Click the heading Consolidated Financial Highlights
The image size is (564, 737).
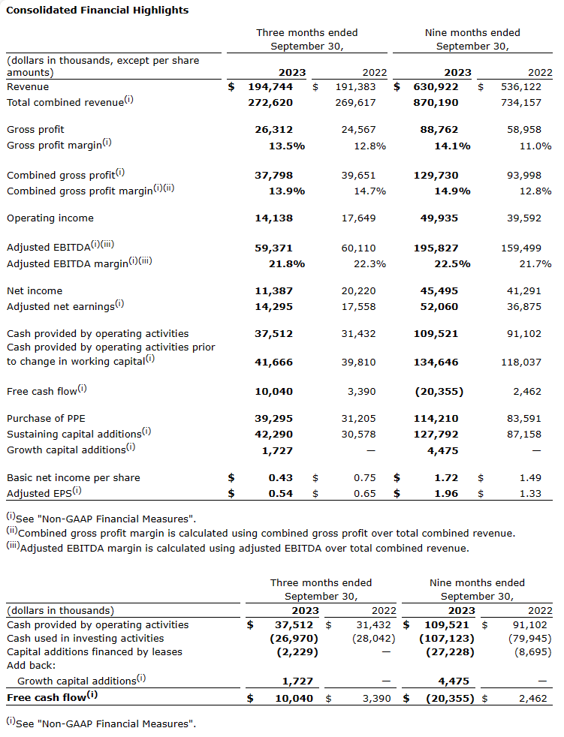pyautogui.click(x=97, y=11)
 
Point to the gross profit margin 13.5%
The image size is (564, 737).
pyautogui.click(x=287, y=146)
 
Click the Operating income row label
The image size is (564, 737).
pyautogui.click(x=50, y=218)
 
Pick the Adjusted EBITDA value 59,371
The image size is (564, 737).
pyautogui.click(x=274, y=248)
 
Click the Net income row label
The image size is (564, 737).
pyautogui.click(x=35, y=290)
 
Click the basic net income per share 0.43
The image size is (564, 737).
pyautogui.click(x=282, y=477)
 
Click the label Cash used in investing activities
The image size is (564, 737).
pyautogui.click(x=86, y=638)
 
